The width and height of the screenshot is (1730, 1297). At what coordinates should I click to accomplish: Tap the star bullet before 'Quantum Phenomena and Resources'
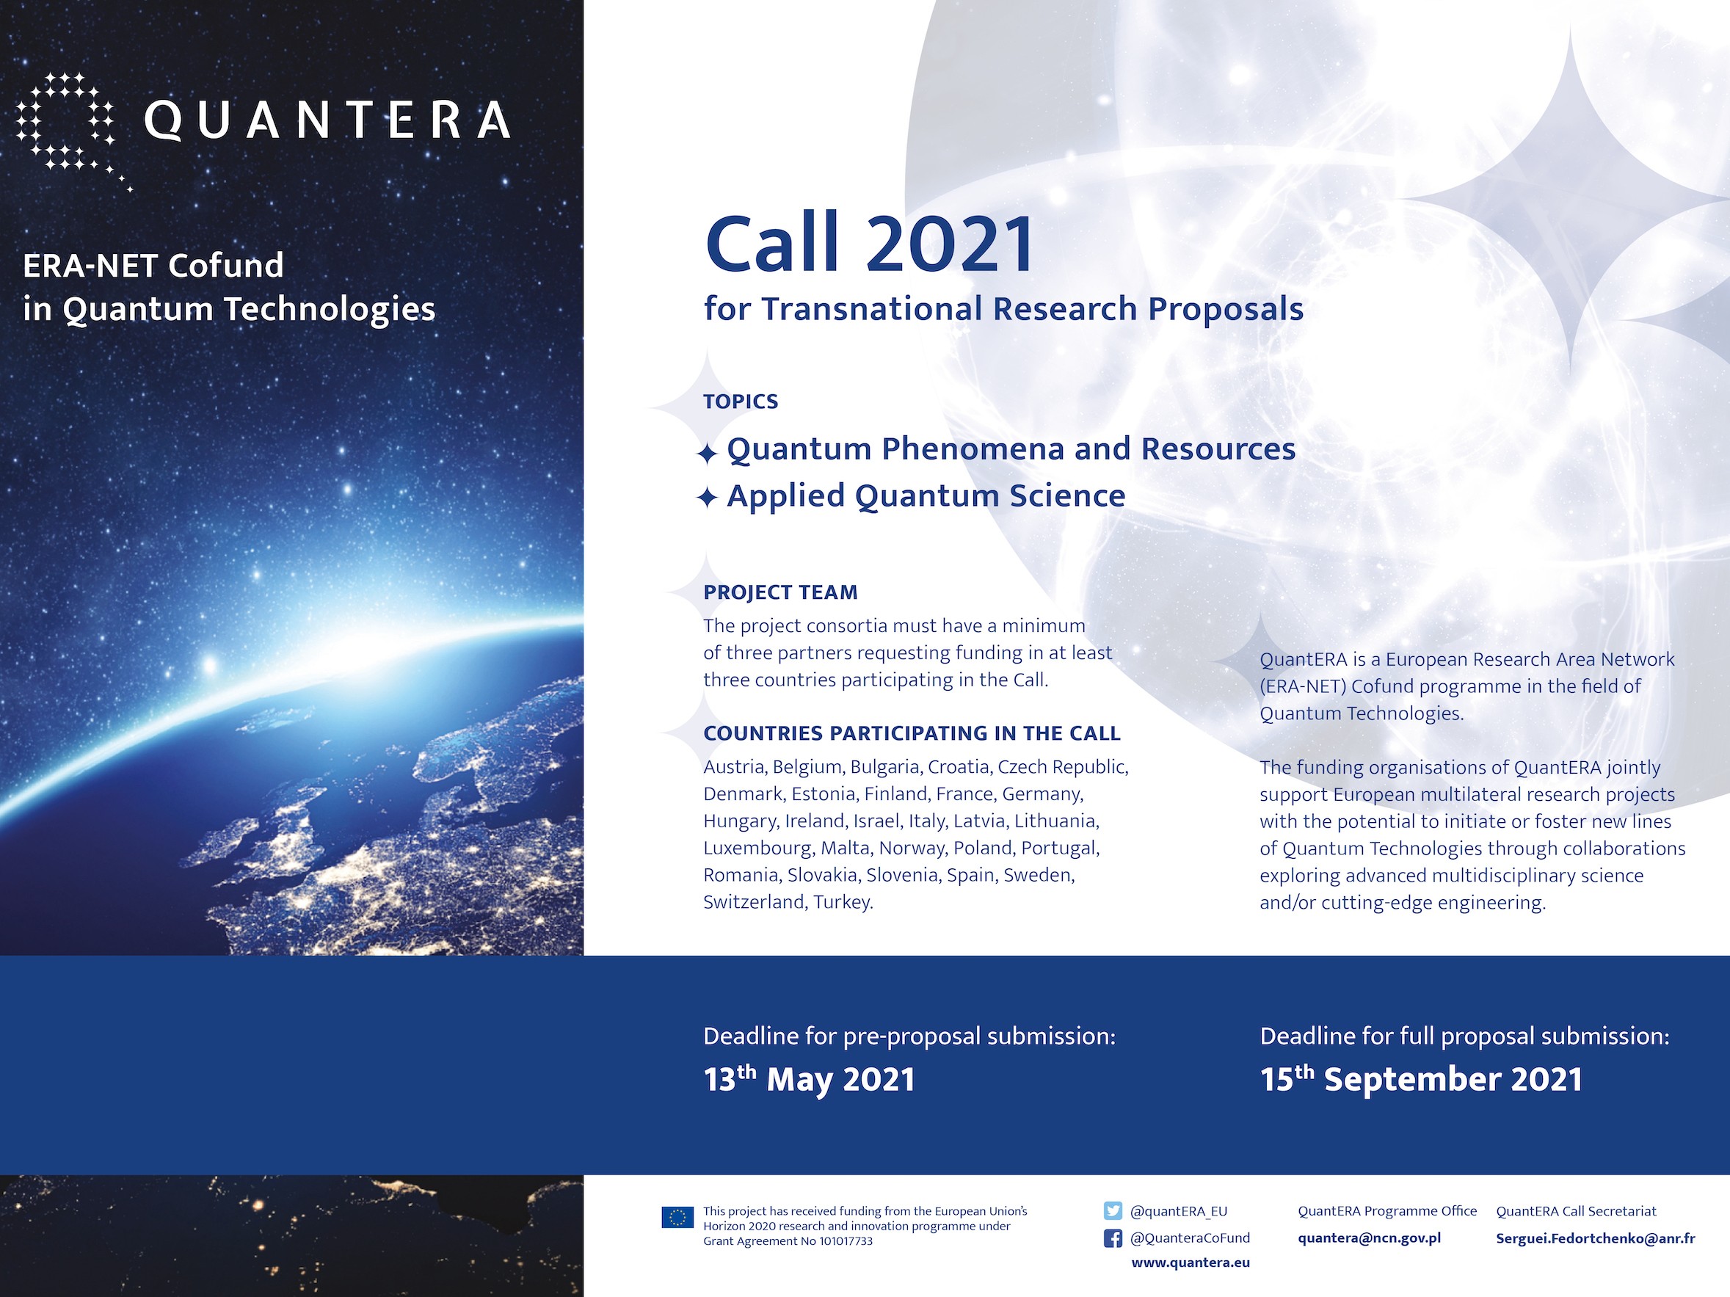707,453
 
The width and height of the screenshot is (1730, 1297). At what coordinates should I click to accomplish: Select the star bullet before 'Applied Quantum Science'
707,498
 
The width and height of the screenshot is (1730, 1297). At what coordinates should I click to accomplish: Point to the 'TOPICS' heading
741,402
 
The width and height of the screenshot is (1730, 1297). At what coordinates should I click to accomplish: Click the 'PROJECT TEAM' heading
780,592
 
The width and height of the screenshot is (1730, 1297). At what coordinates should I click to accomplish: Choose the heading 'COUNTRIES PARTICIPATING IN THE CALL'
912,733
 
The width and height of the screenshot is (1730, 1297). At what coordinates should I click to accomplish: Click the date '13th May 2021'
809,1079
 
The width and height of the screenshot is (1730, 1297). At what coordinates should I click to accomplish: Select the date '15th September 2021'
1421,1079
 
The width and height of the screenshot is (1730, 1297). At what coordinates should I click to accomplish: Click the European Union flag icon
677,1217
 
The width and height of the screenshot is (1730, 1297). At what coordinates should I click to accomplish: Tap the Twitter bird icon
1112,1211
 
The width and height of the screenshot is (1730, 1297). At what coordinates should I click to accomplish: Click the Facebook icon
1112,1238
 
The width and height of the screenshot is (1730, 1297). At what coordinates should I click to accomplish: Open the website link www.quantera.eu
1191,1263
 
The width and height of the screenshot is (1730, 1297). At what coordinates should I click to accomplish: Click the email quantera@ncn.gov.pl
1369,1238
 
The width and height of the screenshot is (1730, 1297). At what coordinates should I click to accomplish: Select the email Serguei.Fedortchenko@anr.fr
1596,1238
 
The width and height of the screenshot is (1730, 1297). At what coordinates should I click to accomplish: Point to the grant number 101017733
846,1240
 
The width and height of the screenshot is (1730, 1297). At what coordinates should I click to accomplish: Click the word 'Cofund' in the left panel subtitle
226,266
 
